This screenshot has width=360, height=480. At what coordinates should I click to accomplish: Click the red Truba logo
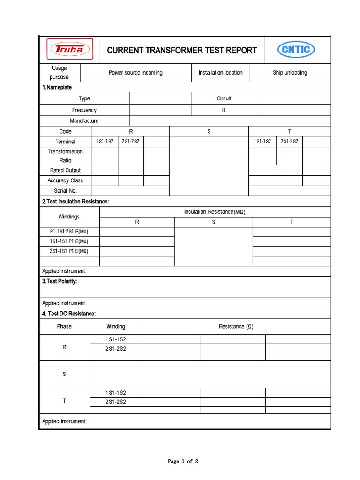pos(69,50)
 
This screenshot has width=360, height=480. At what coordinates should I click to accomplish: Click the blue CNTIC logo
pos(296,50)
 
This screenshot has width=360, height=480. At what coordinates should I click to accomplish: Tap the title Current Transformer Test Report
pos(182,50)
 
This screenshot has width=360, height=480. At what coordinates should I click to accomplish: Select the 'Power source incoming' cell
pos(135,73)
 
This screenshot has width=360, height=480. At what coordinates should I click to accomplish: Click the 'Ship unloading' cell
pos(290,73)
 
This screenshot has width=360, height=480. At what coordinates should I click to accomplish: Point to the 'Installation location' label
pos(220,73)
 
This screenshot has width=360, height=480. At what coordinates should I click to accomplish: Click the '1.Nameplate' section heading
pos(57,87)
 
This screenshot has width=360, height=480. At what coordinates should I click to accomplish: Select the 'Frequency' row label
pos(84,110)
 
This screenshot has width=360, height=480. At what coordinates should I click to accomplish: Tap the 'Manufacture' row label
pos(84,121)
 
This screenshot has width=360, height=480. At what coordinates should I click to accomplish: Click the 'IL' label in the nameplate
pos(224,110)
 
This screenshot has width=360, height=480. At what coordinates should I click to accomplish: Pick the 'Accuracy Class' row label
pos(65,180)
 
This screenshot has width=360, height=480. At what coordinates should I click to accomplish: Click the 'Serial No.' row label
pos(65,191)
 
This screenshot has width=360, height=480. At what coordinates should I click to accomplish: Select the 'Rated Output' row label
pos(65,170)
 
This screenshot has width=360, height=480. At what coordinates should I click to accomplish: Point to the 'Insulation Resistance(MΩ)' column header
pos(215,212)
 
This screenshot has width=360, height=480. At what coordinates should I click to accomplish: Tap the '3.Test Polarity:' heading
pos(60,281)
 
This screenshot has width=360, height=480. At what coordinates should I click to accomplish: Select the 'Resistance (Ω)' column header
pos(236,326)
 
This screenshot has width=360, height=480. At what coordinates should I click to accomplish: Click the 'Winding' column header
pos(116,326)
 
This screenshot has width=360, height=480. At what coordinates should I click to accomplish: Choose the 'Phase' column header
pos(64,326)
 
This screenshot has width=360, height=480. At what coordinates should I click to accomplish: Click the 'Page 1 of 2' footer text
pos(183,462)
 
